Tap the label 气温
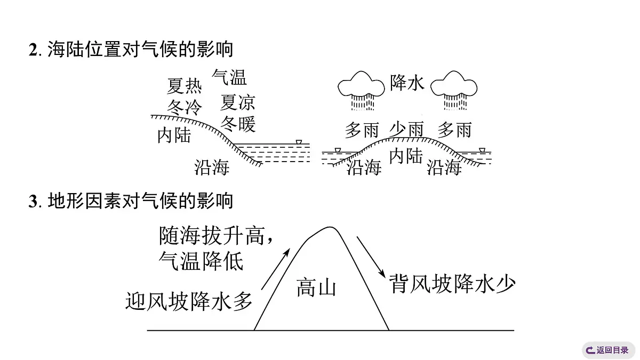[229, 77]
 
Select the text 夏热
[185, 86]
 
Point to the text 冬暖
[238, 124]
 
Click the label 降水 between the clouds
[406, 82]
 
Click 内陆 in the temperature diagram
[174, 135]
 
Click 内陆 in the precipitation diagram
[406, 156]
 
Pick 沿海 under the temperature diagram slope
[212, 167]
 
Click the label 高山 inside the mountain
[316, 288]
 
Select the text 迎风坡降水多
[189, 300]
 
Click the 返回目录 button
[608, 350]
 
